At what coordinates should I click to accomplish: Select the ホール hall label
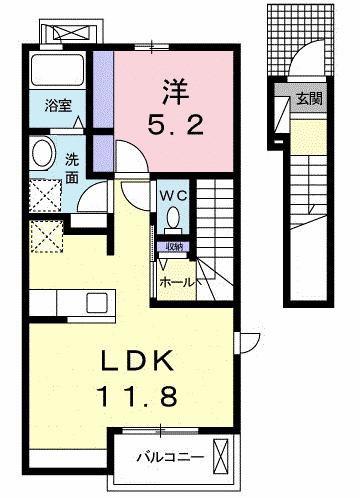176,283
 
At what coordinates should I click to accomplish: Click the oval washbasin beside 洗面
43,154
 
